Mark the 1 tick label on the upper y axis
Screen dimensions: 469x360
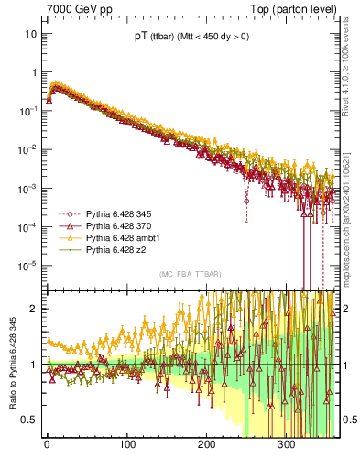tap(34, 72)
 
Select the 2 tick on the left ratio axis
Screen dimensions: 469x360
tap(34, 309)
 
